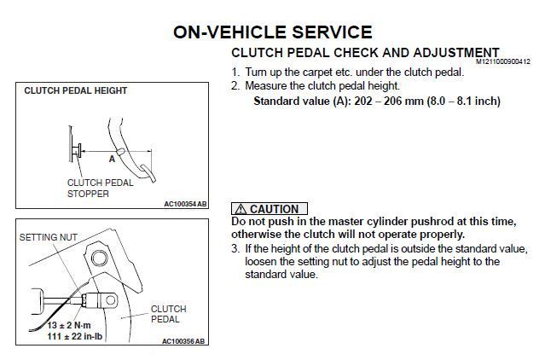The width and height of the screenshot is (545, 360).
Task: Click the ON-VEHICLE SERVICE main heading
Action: click(272, 32)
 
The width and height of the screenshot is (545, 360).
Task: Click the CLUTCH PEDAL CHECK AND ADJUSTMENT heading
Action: click(365, 53)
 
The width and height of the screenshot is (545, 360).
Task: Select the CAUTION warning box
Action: click(269, 209)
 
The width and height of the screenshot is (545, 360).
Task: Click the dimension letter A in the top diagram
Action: click(112, 158)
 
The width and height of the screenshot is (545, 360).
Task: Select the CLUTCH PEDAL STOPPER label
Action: click(101, 188)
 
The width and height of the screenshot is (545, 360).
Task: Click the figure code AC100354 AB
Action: click(184, 204)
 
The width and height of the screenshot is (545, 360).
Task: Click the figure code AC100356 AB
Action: click(184, 341)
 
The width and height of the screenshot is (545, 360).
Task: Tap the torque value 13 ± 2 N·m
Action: click(72, 324)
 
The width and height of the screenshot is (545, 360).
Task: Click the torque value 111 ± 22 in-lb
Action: click(74, 335)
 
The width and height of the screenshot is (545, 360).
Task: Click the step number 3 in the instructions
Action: click(235, 248)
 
